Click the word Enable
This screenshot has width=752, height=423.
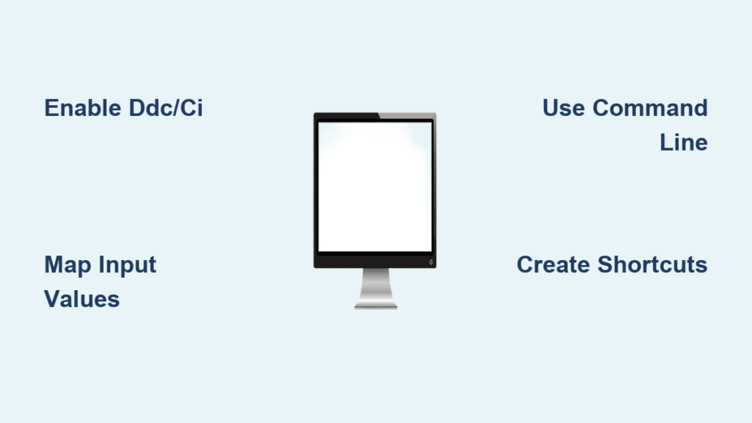tap(82, 108)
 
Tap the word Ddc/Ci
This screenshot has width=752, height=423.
tap(166, 108)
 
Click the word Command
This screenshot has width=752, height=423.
tap(650, 108)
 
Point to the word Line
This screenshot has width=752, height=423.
tap(684, 142)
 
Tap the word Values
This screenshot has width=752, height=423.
tap(82, 300)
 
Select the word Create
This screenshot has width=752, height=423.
tap(553, 264)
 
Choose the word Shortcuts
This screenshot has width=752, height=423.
tap(652, 264)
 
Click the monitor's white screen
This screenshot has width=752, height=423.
tap(375, 187)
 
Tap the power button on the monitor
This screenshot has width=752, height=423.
tap(431, 262)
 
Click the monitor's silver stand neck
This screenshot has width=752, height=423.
tap(375, 285)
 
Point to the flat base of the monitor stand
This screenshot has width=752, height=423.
tap(375, 306)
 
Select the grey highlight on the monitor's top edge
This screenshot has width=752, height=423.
tap(407, 115)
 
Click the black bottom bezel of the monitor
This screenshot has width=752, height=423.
tap(375, 260)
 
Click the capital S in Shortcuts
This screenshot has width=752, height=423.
tap(605, 264)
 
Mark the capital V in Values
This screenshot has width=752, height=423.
tap(53, 300)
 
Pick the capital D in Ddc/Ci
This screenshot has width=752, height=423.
tap(137, 108)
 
